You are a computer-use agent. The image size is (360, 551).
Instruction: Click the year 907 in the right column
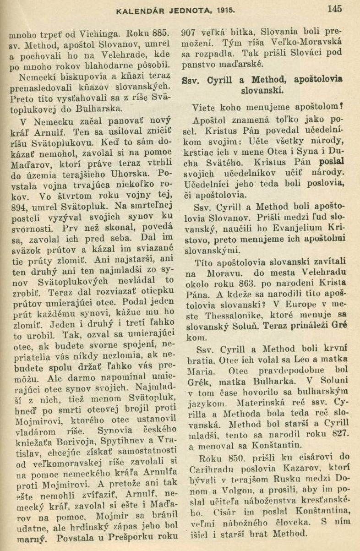pyautogui.click(x=189, y=33)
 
